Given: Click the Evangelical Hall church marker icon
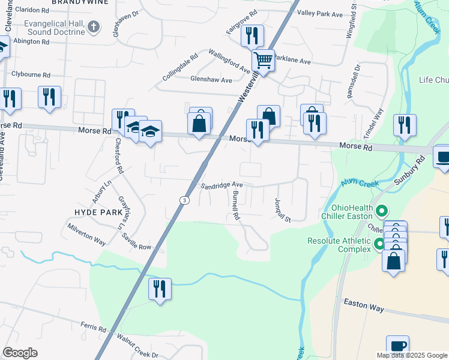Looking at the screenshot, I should [93, 27].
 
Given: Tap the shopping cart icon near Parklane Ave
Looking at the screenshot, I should [263, 60].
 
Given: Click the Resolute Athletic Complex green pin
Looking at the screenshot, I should [379, 244].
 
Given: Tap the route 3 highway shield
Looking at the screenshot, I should [185, 200].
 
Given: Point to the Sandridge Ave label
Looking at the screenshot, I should [221, 185].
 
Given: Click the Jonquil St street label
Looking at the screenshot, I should [282, 210].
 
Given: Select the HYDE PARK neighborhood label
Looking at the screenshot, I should [98, 212].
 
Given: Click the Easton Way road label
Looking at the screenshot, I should [364, 307].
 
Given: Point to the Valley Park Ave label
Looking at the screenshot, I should [320, 13].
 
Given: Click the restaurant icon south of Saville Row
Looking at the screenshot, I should [160, 289].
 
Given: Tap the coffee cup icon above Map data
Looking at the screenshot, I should [397, 346].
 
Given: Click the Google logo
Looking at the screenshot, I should [20, 353].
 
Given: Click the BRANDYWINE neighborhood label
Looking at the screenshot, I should [89, 2].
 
